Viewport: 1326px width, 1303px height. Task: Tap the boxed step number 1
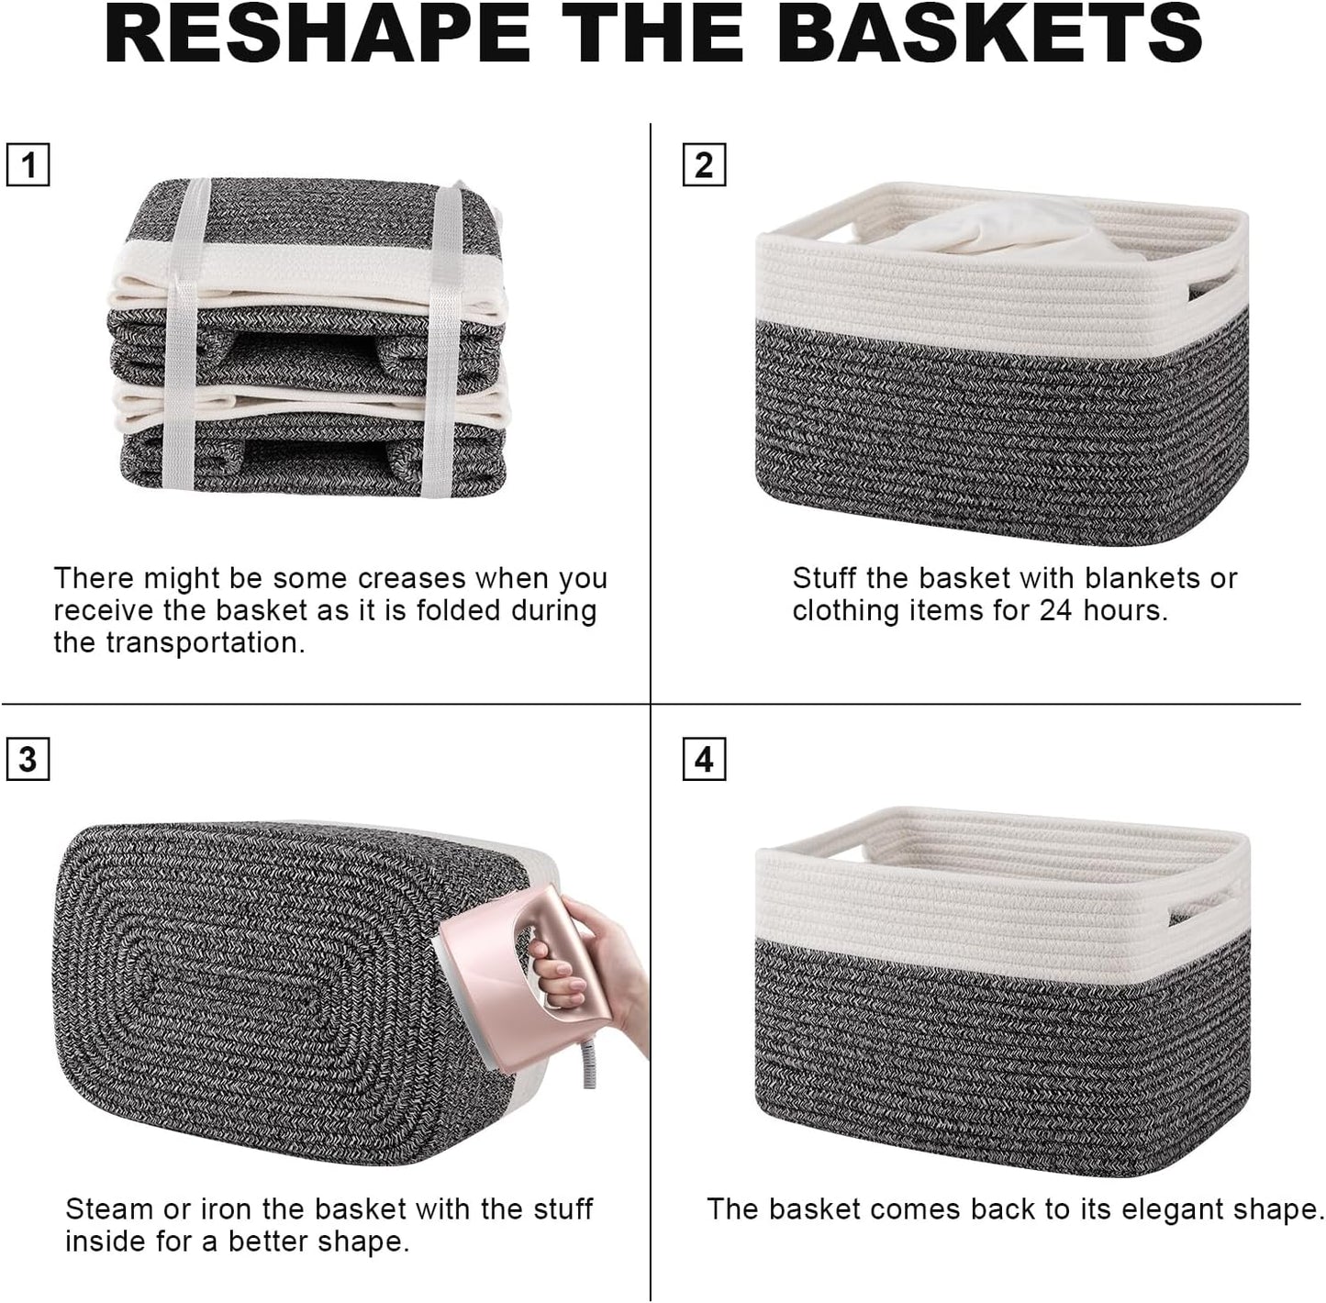(x=28, y=166)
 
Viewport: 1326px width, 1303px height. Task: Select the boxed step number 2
(x=704, y=165)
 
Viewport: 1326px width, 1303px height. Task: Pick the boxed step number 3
(x=28, y=760)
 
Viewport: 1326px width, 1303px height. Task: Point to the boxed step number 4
(x=704, y=760)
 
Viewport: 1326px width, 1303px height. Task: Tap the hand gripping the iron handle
(x=587, y=973)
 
